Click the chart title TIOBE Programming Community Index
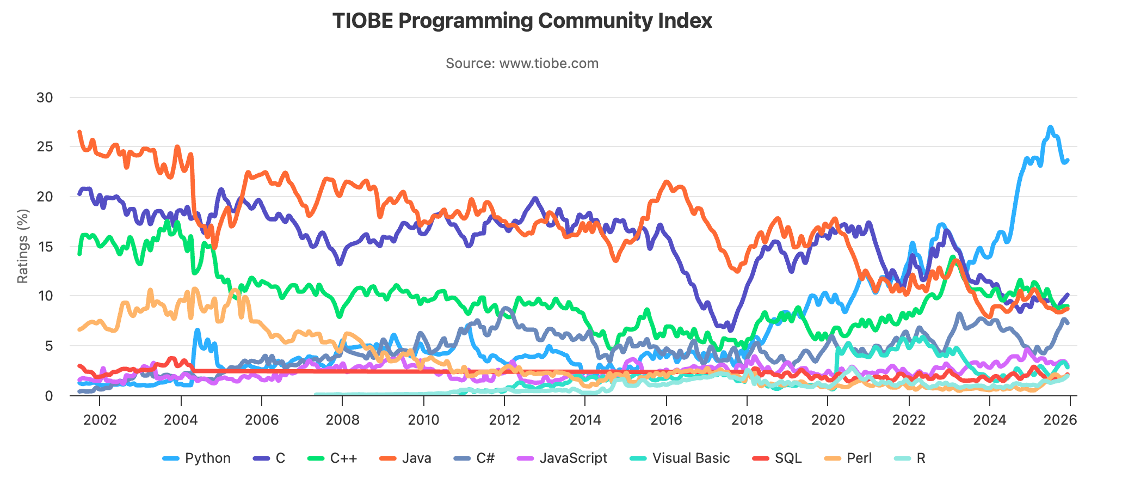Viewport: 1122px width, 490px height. [522, 21]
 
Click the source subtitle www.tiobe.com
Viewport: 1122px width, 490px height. [522, 63]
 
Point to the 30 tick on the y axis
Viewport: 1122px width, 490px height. [45, 98]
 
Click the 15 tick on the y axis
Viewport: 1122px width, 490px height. [45, 247]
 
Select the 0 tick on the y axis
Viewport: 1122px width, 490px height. [49, 396]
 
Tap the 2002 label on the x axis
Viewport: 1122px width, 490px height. [100, 420]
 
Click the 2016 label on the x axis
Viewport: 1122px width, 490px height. [666, 420]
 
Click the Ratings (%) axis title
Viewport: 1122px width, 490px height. [22, 246]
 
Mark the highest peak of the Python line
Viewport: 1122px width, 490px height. [1050, 127]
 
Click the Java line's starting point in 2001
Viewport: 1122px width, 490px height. [79, 132]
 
